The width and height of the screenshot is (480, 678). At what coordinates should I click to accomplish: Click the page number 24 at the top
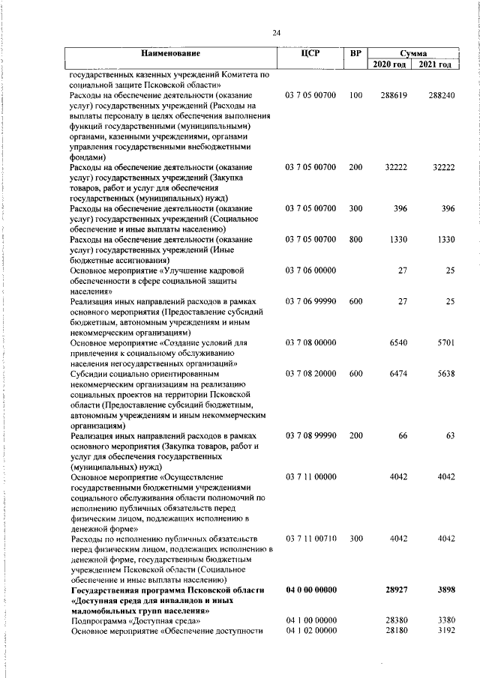276,32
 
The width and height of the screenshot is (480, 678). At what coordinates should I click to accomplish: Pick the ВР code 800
355,239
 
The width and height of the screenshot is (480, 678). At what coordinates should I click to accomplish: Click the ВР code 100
355,97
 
